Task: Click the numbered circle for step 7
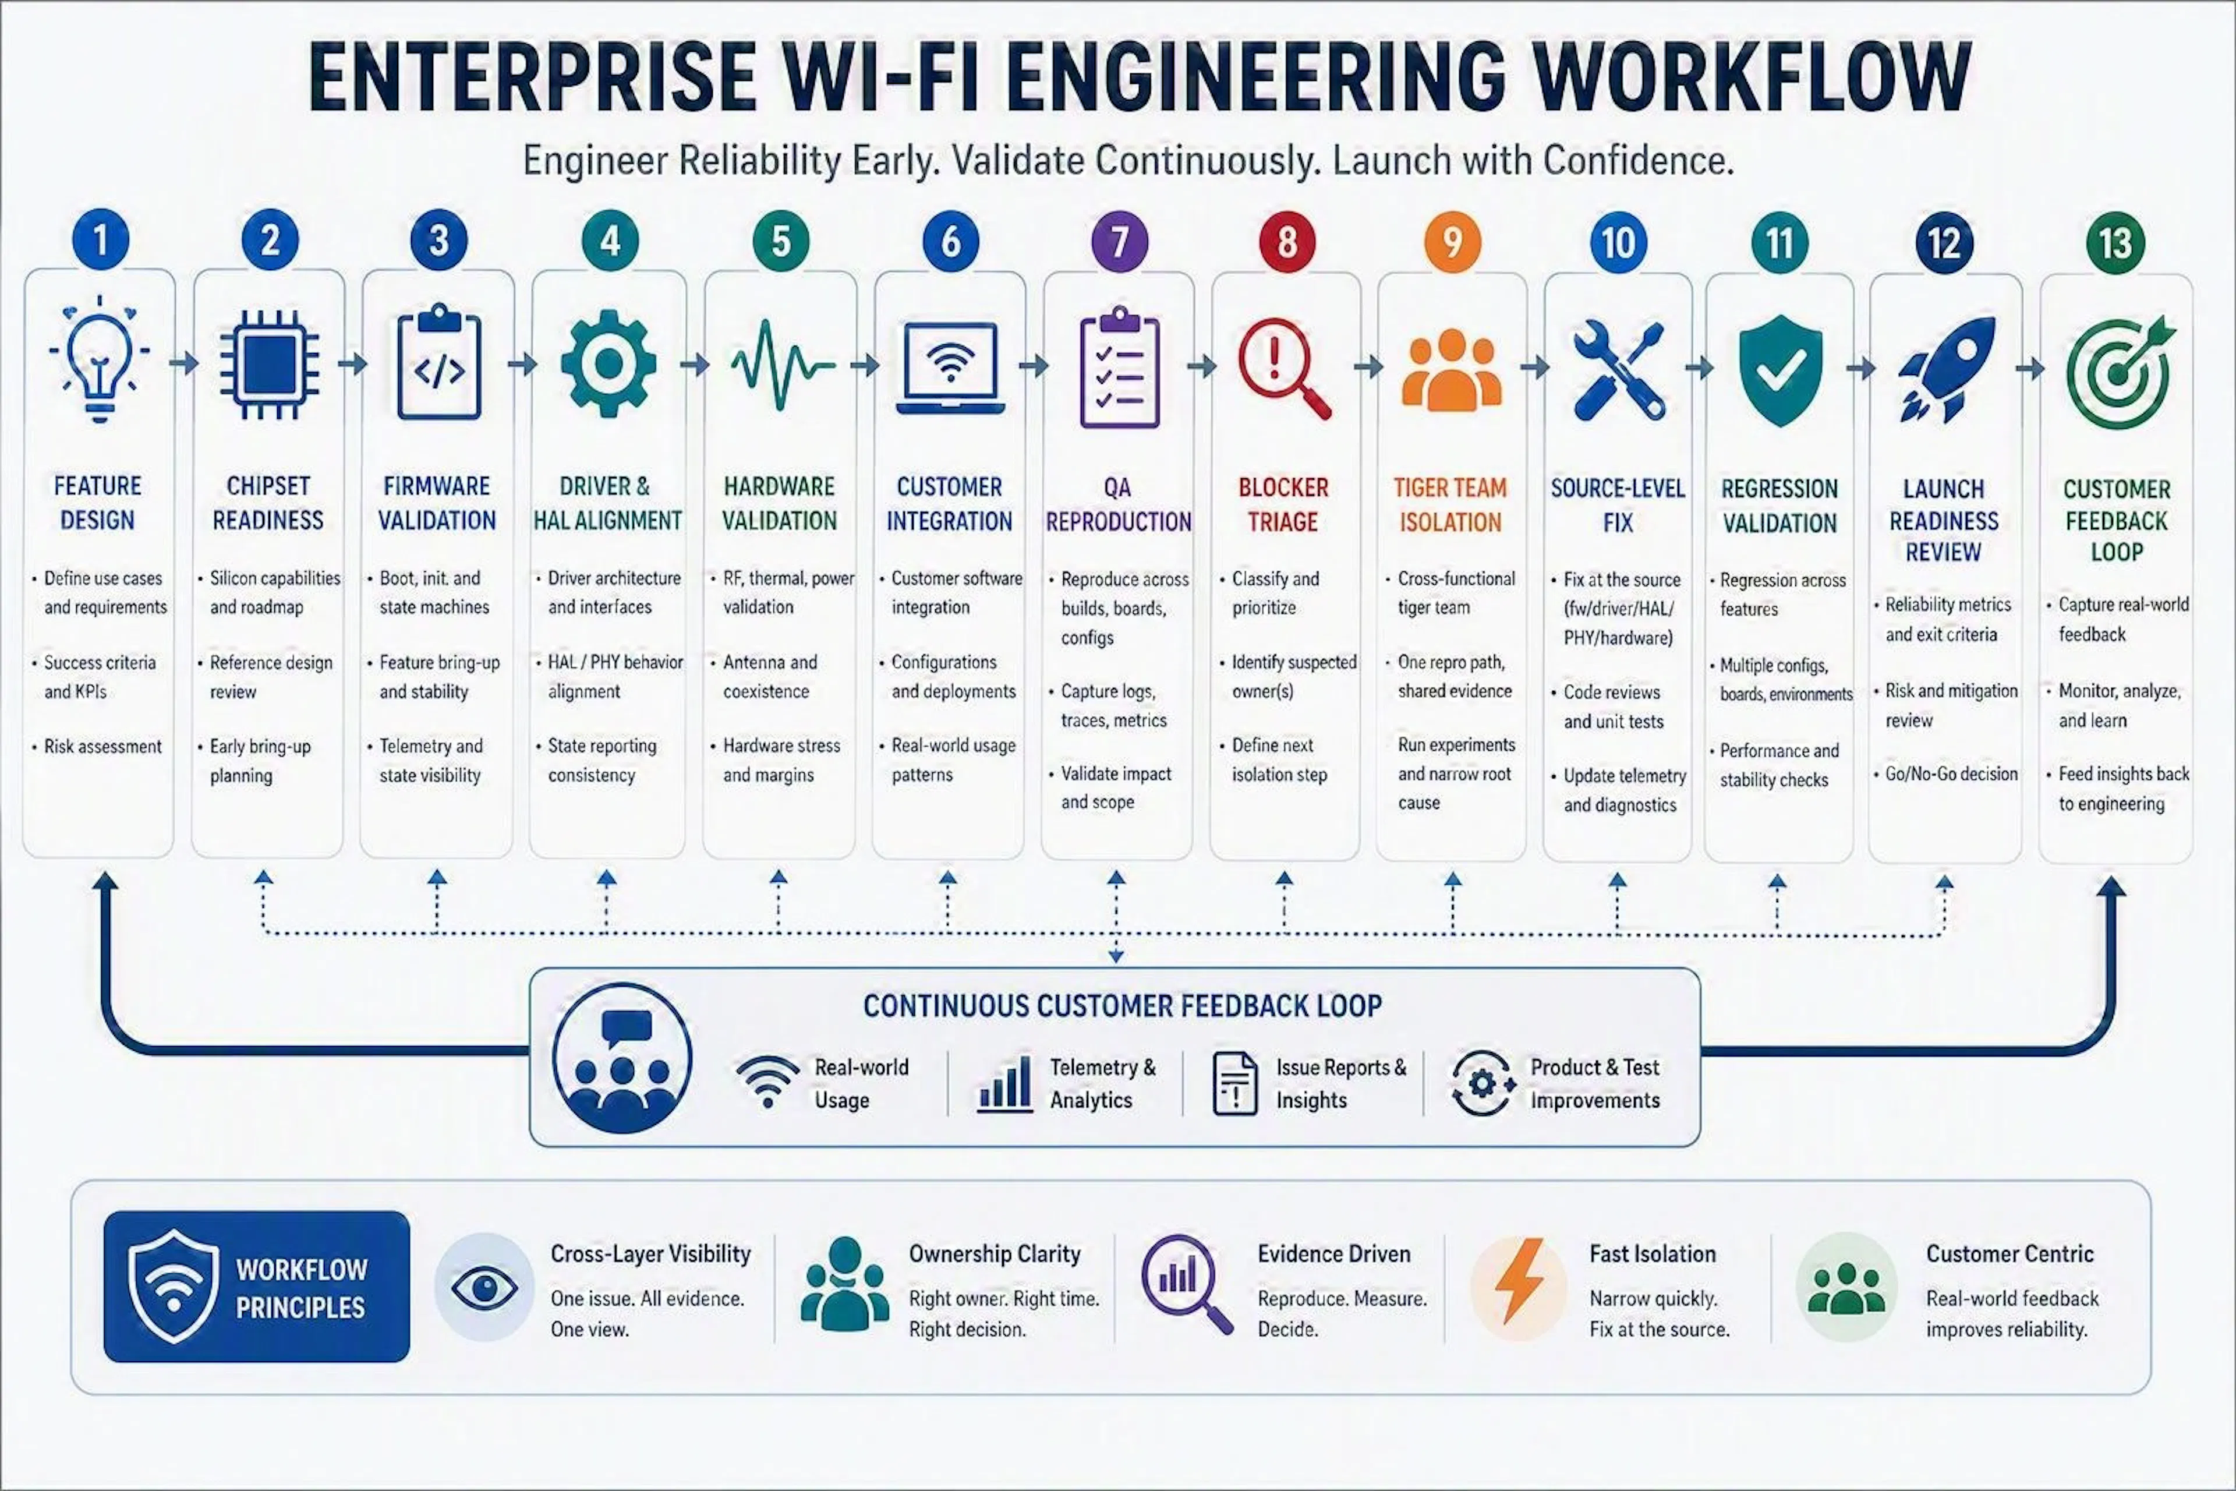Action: coord(1119,242)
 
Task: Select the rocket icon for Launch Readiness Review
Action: coord(1945,369)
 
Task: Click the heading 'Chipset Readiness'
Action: coord(268,503)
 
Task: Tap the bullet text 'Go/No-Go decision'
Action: coord(1951,774)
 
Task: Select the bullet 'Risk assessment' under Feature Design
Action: coord(102,747)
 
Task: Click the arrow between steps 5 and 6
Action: coord(865,364)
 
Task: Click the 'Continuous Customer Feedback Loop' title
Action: coord(1122,1006)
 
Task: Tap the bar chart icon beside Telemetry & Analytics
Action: coord(1005,1083)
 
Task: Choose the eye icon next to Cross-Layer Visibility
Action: coord(485,1288)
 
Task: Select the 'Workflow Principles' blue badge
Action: coord(257,1287)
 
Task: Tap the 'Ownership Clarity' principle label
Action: coord(995,1254)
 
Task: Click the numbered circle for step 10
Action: coord(1617,242)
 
